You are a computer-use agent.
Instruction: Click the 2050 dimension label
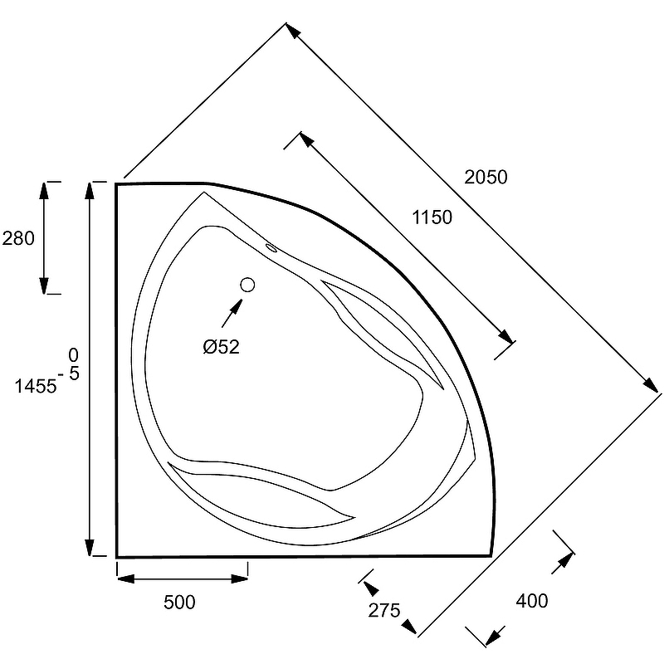[486, 177]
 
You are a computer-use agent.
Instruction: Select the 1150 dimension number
[432, 217]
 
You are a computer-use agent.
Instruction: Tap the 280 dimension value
[18, 238]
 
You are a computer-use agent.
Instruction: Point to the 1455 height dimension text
[36, 386]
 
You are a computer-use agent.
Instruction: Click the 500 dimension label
[179, 602]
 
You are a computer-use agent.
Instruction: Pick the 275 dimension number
[384, 610]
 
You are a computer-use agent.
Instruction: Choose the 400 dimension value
[532, 600]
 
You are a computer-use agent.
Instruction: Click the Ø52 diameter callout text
[221, 347]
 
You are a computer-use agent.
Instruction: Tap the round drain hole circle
[247, 285]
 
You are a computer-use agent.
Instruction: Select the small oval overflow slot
[271, 247]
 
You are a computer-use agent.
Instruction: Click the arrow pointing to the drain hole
[232, 313]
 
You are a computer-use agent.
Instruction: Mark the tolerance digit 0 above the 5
[73, 355]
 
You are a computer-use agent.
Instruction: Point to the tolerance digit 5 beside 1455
[74, 373]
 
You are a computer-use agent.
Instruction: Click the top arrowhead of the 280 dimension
[44, 191]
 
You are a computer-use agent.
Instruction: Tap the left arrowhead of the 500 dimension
[126, 579]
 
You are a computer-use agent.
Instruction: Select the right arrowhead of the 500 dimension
[239, 579]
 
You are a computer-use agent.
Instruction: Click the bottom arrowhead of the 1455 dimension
[90, 548]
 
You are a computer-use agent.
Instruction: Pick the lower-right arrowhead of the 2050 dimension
[651, 385]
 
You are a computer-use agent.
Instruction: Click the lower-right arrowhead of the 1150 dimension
[505, 336]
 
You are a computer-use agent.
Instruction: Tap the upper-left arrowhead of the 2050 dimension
[293, 31]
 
